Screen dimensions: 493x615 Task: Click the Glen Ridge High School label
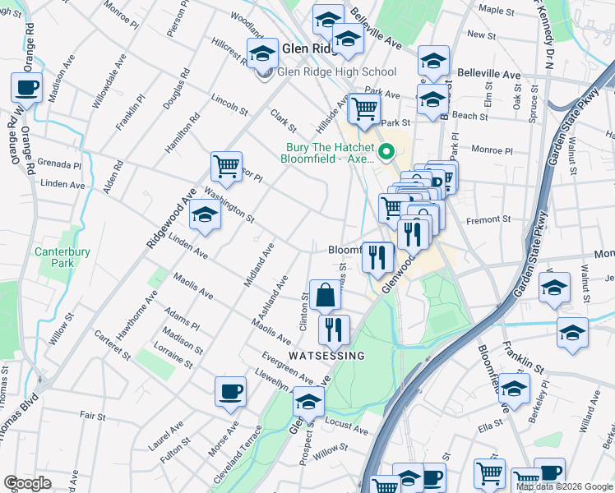tap(337, 72)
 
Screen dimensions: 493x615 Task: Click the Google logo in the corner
tap(27, 483)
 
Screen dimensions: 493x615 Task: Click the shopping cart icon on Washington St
tap(226, 166)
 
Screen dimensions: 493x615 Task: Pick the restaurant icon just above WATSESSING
tap(334, 329)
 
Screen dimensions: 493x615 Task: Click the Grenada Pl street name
tap(61, 165)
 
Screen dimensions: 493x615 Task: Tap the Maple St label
tap(495, 10)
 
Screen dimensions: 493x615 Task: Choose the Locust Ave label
tap(346, 428)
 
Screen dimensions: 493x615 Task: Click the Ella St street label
tap(490, 426)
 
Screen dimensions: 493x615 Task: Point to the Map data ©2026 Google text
tap(563, 486)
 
